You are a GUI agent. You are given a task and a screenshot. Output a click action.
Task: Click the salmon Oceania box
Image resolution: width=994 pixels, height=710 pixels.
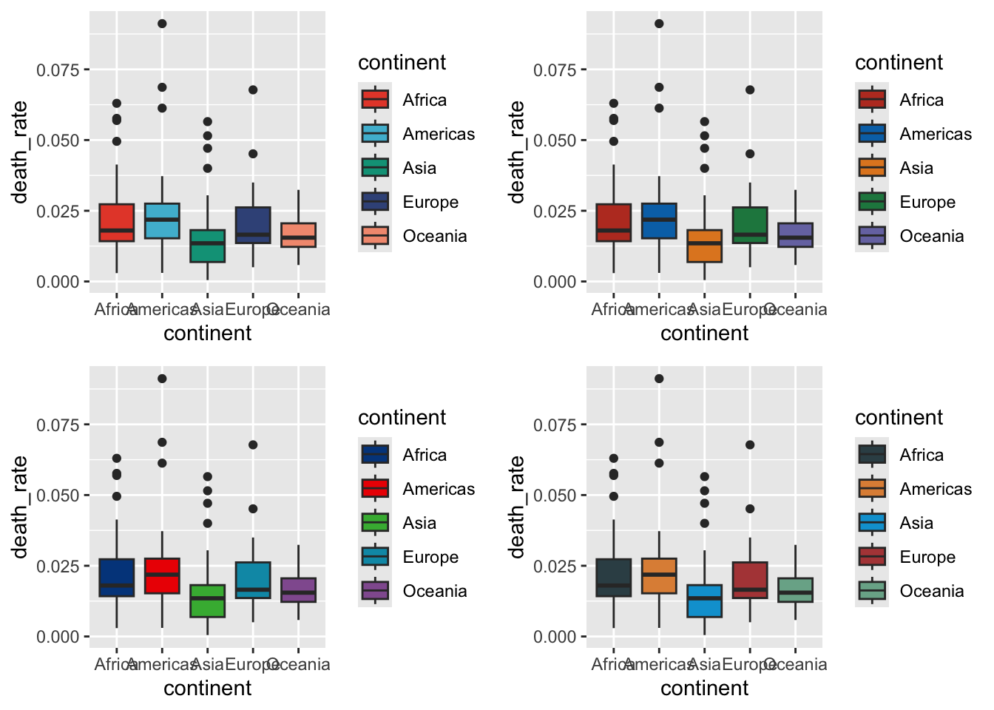298,234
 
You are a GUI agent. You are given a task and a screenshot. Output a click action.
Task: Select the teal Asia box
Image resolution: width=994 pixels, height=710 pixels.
208,246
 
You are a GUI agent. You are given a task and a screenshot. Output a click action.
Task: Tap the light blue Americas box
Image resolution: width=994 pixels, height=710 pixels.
162,220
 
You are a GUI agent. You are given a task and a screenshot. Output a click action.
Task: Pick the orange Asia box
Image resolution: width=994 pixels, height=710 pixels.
705,246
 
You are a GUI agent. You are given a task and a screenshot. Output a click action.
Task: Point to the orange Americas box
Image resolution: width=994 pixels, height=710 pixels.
659,575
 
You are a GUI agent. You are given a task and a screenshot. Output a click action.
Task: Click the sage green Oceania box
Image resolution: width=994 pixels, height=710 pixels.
795,589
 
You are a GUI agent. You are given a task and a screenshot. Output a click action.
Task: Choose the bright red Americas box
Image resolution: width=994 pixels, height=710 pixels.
162,575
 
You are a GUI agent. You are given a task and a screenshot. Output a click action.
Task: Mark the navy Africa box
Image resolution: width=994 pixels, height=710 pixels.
117,578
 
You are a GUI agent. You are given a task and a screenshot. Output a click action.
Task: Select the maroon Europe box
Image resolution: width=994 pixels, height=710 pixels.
750,580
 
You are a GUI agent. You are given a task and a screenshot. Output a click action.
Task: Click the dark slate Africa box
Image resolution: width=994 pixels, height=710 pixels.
614,578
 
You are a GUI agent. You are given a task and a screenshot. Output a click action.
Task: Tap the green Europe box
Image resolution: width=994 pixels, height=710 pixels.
750,225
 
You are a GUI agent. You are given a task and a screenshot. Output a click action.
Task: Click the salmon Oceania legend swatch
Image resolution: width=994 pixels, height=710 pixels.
375,236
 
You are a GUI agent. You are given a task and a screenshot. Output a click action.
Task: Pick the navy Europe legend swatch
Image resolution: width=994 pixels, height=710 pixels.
375,202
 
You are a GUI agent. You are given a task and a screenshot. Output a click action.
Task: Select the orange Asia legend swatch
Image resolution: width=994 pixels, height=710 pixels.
872,168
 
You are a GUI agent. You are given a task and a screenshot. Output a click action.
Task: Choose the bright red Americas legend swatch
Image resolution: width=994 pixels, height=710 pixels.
375,489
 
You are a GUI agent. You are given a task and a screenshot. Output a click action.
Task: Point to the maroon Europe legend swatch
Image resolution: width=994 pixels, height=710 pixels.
872,557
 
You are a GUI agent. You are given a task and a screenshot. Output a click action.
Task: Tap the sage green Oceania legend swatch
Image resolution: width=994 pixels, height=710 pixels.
872,591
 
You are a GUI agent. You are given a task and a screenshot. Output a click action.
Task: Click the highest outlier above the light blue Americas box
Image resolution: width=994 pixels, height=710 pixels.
162,24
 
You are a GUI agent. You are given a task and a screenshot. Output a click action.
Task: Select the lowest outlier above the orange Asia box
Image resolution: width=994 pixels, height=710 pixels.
705,169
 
